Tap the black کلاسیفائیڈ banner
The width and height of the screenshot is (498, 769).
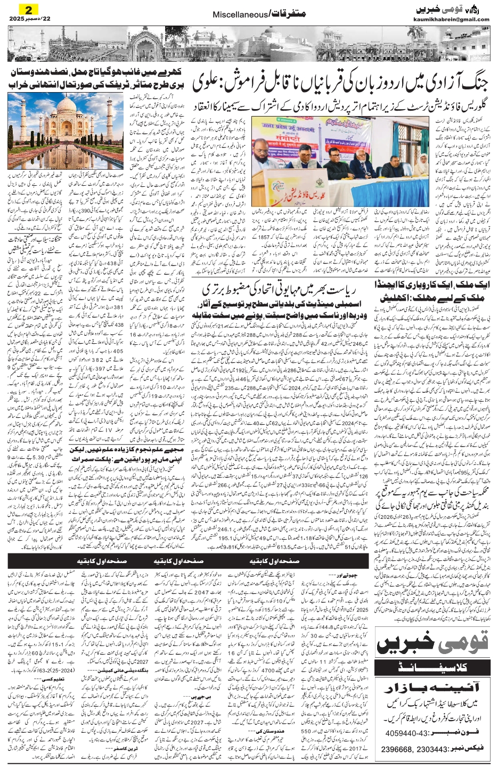click(x=432, y=666)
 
